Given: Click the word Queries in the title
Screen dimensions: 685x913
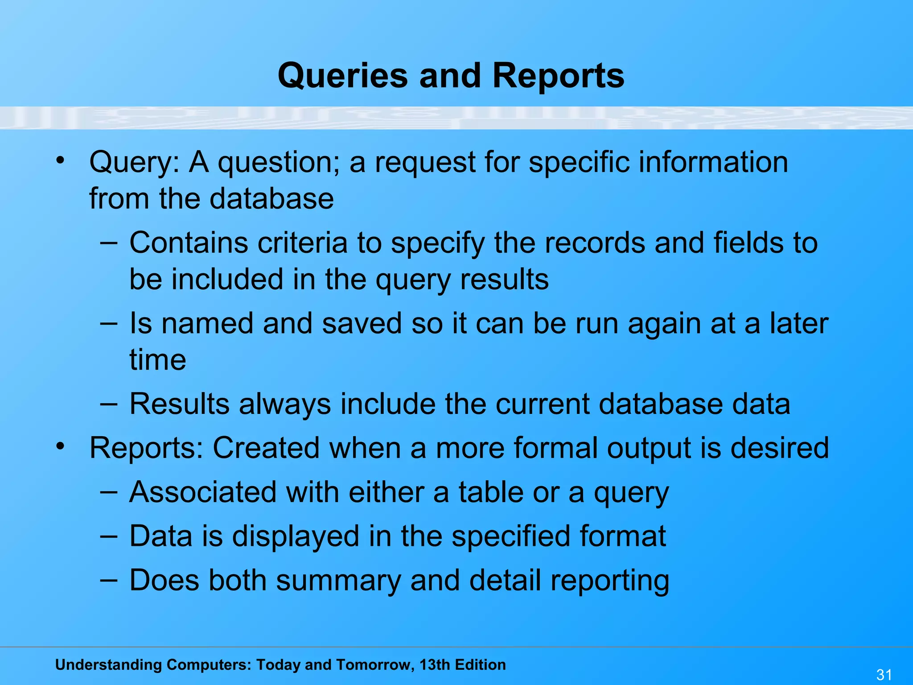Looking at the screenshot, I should [342, 76].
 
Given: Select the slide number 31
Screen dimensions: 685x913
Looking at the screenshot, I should [884, 675].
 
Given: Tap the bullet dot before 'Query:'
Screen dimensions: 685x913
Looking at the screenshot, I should [61, 159].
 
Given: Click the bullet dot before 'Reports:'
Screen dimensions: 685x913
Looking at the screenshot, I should [61, 445].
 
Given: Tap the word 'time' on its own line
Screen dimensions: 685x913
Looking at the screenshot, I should [158, 360].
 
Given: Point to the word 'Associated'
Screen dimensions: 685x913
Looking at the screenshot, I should [203, 492].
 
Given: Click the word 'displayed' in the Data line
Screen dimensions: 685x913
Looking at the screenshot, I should [296, 536].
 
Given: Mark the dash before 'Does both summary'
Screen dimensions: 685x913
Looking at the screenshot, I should [109, 580].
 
